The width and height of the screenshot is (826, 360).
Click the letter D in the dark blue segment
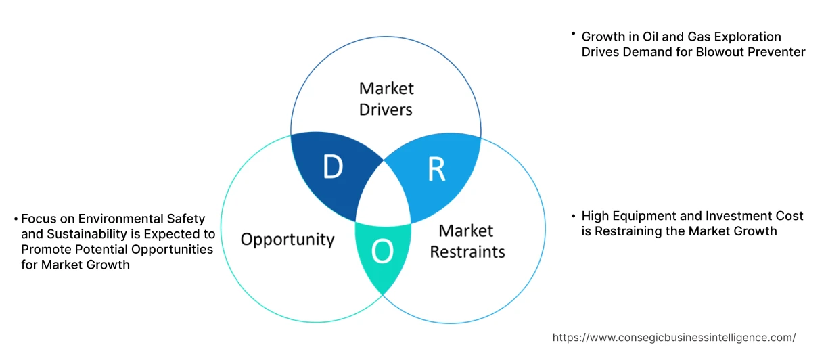point(332,168)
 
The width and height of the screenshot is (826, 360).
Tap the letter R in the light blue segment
point(436,171)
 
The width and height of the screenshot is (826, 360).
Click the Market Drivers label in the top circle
point(386,98)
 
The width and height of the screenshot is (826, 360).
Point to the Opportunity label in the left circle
point(288,239)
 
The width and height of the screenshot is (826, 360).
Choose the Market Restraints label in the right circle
point(467,241)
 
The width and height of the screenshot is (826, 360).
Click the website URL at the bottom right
point(674,337)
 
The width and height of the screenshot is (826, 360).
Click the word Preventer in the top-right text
point(777,51)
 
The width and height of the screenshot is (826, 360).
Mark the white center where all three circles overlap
point(384,196)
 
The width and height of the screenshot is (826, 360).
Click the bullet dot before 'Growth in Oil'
point(573,33)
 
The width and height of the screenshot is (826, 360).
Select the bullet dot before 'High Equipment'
point(573,215)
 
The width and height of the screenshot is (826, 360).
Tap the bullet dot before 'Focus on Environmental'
point(16,219)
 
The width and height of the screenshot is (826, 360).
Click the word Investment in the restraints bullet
point(723,216)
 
